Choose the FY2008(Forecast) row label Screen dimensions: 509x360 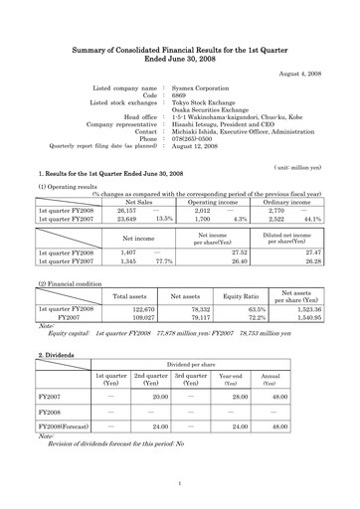point(60,424)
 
